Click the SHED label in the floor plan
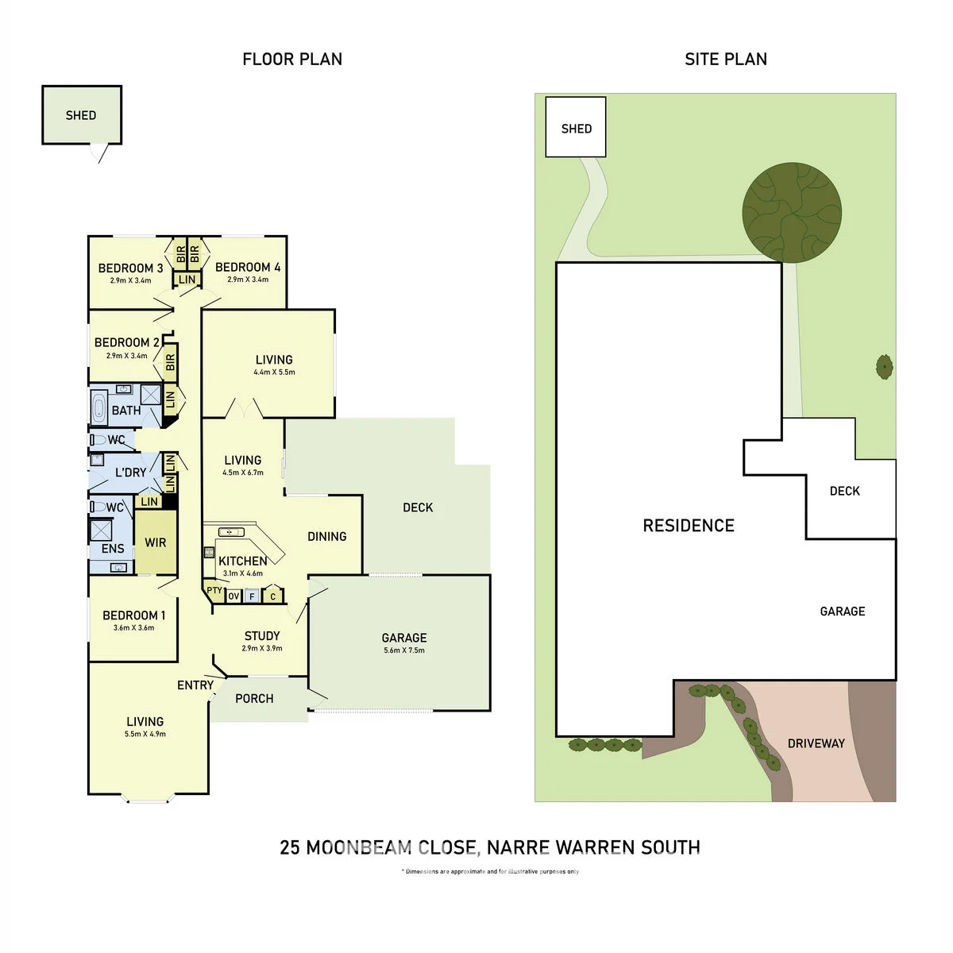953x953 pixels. pos(81,115)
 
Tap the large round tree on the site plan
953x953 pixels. pos(791,212)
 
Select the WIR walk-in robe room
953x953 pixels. pos(156,542)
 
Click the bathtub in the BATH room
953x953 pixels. pos(98,407)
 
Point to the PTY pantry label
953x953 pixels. pos(214,590)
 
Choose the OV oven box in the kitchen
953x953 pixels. pos(233,596)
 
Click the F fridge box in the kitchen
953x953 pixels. pos(253,596)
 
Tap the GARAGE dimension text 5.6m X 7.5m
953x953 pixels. pos(404,650)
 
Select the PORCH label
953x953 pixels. pos(254,698)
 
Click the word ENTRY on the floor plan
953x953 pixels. pos(195,685)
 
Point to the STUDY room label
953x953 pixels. pos(262,635)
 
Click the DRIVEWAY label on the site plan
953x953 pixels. pos(816,743)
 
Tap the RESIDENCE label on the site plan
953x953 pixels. pos(689,525)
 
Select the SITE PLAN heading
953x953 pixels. pos(726,60)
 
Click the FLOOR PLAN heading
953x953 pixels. pos(292,60)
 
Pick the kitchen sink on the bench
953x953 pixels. pos(231,532)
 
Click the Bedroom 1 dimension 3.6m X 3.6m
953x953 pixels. pos(133,627)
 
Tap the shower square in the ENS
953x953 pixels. pos(101,531)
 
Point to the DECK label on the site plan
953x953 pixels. pos(845,491)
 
